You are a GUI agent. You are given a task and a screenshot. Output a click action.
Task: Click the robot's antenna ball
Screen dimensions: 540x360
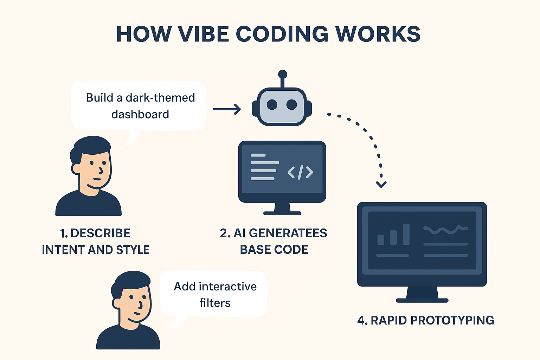click(x=282, y=74)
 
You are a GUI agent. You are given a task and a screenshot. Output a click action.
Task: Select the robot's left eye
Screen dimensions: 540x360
click(x=272, y=104)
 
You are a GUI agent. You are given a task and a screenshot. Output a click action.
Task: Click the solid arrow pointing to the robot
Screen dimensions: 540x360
click(x=227, y=109)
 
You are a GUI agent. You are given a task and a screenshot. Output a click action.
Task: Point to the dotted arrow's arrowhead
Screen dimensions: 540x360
click(x=381, y=184)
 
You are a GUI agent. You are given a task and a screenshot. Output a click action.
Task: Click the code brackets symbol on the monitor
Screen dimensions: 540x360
click(x=300, y=172)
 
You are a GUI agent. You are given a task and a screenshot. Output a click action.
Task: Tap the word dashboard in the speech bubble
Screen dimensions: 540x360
click(x=140, y=114)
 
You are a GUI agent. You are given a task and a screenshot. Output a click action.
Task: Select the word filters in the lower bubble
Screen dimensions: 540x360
click(x=215, y=303)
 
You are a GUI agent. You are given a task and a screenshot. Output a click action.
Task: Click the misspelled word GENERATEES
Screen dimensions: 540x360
click(x=288, y=233)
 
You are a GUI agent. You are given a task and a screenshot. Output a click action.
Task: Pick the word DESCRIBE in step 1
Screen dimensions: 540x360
click(x=100, y=233)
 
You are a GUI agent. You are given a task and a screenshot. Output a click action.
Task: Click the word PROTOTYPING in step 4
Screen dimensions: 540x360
click(x=452, y=320)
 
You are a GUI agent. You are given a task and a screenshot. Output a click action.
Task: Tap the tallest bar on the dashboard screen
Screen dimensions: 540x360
click(x=406, y=234)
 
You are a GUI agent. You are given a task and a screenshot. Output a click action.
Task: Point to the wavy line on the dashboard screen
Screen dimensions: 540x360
click(x=445, y=230)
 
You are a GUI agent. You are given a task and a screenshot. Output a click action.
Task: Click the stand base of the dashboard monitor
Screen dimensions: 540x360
click(x=422, y=300)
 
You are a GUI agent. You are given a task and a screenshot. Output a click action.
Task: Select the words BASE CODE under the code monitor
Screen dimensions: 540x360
click(x=274, y=250)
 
